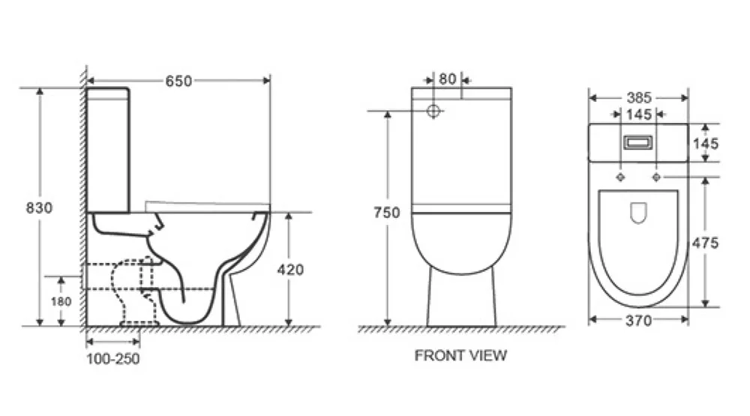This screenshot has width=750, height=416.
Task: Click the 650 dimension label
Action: (x=178, y=81)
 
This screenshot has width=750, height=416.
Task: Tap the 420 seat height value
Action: (x=289, y=270)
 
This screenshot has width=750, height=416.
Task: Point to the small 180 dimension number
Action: (x=61, y=301)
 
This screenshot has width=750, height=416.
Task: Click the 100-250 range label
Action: (x=112, y=359)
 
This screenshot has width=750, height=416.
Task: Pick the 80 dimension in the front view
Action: (x=447, y=78)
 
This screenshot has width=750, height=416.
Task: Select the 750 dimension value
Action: (x=387, y=213)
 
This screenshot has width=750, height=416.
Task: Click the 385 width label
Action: (x=637, y=97)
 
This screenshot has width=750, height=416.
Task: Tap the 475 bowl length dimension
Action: (x=706, y=243)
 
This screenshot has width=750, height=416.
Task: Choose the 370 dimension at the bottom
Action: (x=637, y=321)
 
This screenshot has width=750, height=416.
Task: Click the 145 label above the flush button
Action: (x=638, y=114)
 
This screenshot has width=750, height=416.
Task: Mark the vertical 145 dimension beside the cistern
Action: (x=706, y=143)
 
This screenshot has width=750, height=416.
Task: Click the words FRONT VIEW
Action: (x=460, y=355)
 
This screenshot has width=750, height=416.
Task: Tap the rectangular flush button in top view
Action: (x=638, y=142)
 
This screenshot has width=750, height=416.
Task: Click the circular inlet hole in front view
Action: (x=433, y=112)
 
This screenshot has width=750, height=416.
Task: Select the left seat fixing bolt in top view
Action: (x=620, y=177)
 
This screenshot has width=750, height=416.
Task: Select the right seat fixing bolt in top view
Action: (x=656, y=177)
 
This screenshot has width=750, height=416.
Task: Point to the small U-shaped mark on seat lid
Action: (x=638, y=214)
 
